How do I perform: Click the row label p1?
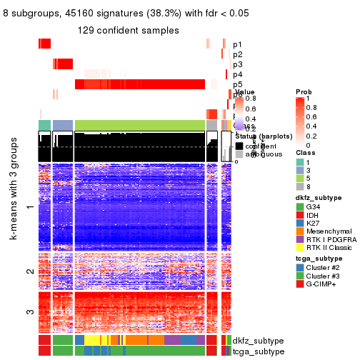click(x=237, y=44)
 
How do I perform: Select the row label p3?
click(x=237, y=64)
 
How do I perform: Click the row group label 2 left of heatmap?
click(x=29, y=271)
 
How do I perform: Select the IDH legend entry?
click(x=316, y=217)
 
